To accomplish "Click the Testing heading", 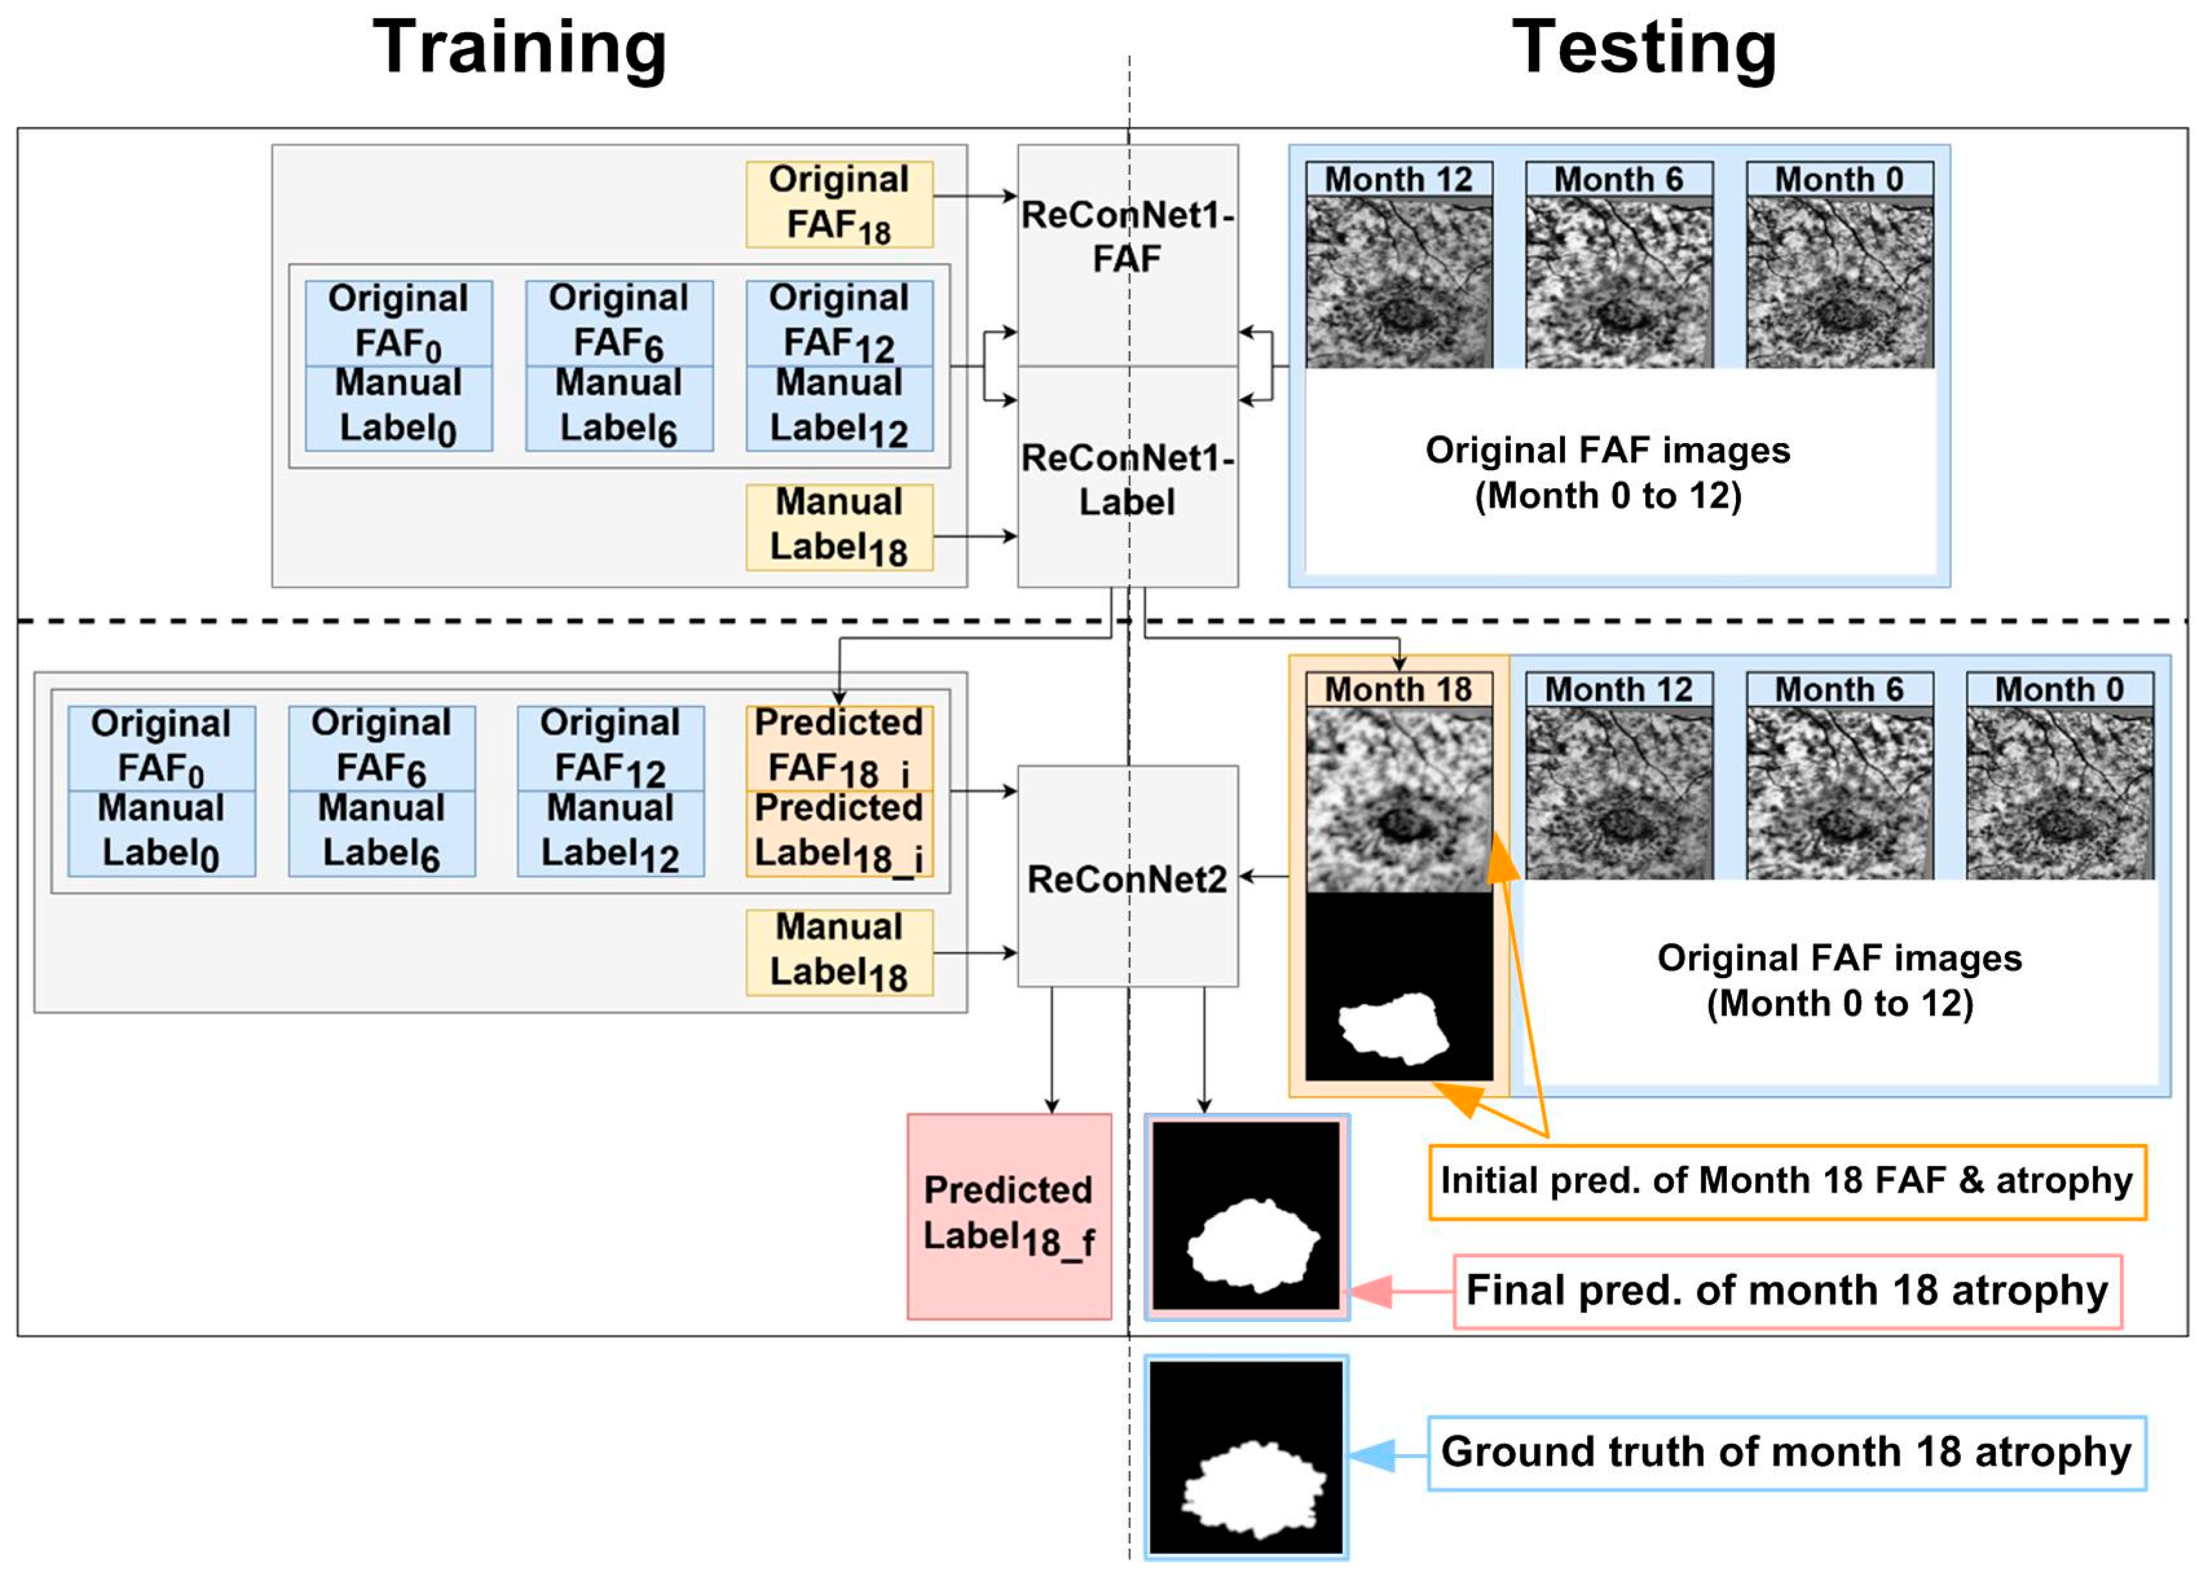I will [x=1644, y=49].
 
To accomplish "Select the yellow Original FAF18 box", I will [x=839, y=204].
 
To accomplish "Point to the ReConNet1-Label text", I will [x=1127, y=480].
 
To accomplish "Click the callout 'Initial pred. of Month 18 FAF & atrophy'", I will [x=1786, y=1181].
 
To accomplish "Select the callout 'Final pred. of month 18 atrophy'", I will [x=1786, y=1291].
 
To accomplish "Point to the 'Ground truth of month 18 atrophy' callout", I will [x=1786, y=1452].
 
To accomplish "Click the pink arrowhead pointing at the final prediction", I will [x=1370, y=1291].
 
